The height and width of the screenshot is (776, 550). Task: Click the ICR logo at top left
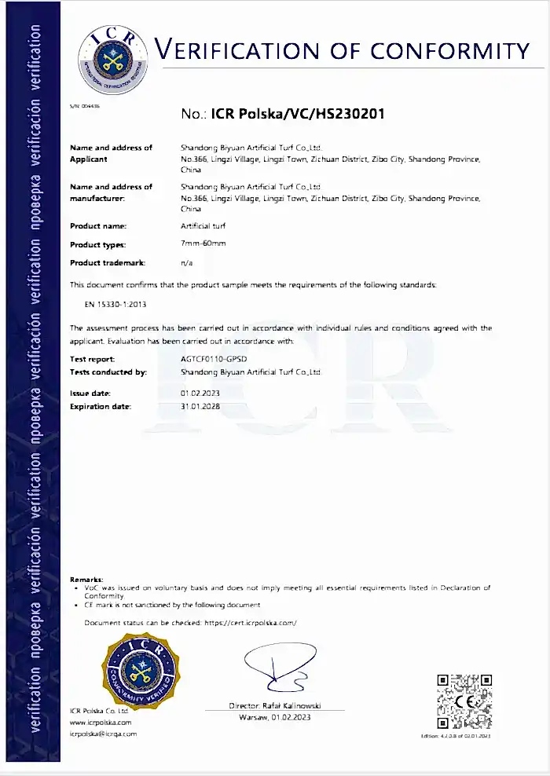click(112, 57)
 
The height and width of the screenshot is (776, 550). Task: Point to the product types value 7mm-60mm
click(203, 243)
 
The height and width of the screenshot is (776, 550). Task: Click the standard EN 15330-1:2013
click(116, 303)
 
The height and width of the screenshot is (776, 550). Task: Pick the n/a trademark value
click(187, 263)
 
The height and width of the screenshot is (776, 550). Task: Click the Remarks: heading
click(86, 580)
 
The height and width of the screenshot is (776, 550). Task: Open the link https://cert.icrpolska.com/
click(250, 623)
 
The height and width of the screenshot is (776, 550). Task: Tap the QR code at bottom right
click(464, 701)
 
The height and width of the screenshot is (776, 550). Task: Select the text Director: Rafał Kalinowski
click(274, 706)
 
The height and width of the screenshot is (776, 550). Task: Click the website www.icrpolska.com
click(101, 722)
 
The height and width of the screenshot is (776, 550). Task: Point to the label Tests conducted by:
click(108, 372)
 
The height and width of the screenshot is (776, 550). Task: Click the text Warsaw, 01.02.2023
click(274, 718)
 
